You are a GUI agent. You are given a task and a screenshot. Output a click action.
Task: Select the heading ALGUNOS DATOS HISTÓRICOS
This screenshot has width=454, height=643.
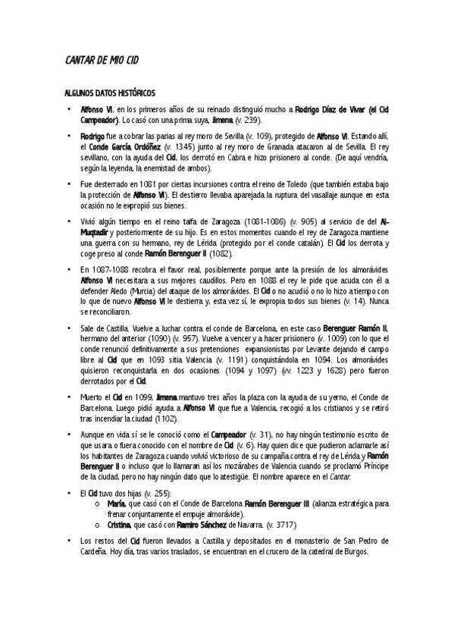click(109, 93)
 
